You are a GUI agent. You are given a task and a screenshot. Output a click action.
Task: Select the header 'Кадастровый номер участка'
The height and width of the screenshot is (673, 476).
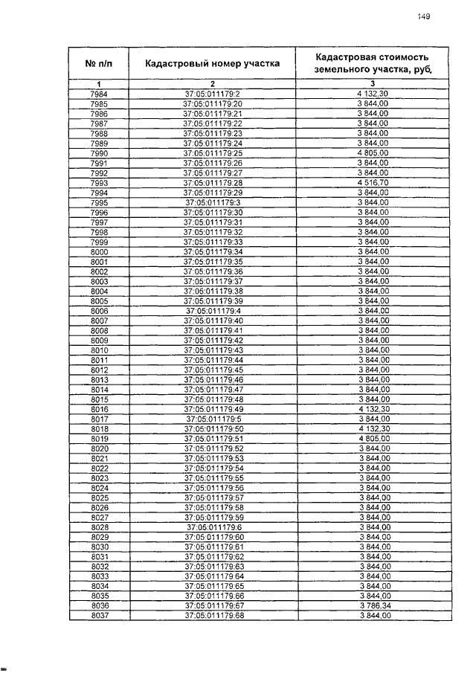pyautogui.click(x=213, y=63)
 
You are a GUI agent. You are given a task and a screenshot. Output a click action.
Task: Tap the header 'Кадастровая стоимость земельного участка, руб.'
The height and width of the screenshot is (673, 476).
pyautogui.click(x=373, y=63)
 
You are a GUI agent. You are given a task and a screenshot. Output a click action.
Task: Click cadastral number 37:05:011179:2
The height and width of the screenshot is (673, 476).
pyautogui.click(x=213, y=93)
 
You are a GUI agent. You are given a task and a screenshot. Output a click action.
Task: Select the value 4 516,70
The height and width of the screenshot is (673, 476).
pyautogui.click(x=373, y=182)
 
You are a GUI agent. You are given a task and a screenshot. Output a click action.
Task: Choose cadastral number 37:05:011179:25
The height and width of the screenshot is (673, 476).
pyautogui.click(x=213, y=152)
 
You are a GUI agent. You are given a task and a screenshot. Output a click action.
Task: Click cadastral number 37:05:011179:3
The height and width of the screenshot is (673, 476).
pyautogui.click(x=213, y=202)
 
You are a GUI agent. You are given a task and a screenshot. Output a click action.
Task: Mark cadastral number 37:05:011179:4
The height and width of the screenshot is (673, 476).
pyautogui.click(x=213, y=311)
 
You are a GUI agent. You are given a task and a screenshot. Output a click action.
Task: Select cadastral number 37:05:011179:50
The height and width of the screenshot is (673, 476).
pyautogui.click(x=213, y=429)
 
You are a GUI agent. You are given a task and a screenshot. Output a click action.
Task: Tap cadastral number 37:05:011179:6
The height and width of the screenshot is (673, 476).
pyautogui.click(x=213, y=527)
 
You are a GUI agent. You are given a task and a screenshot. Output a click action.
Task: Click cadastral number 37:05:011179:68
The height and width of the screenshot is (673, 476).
pyautogui.click(x=213, y=616)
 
